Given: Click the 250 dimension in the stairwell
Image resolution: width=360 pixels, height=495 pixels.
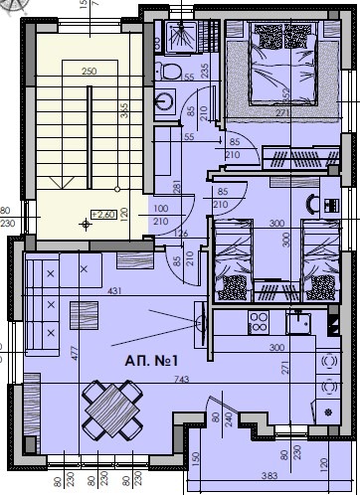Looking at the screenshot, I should point(88,72).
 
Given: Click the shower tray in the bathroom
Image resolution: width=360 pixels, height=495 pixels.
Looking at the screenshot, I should point(182,36).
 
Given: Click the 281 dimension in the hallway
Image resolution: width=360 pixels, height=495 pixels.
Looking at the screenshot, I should point(176,189).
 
